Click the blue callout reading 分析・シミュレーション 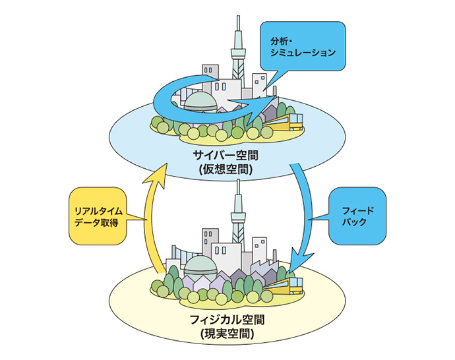(303, 46)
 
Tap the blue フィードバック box (357, 216)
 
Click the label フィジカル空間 (225, 320)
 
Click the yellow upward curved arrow (151, 218)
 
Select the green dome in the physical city (200, 267)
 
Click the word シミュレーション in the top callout (304, 53)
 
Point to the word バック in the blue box (357, 223)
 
